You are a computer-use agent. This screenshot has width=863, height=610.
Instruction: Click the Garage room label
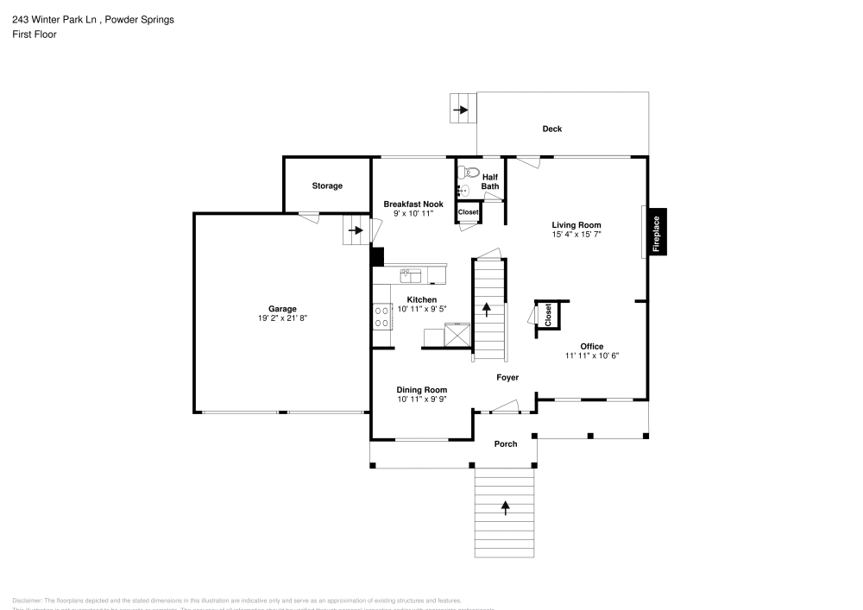282,309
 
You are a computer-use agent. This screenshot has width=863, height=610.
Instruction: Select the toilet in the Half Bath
463,172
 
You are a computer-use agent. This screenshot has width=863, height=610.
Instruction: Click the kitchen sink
411,275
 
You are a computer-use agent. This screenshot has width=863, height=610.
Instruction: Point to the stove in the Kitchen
381,316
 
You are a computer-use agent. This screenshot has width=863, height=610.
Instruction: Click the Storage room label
327,186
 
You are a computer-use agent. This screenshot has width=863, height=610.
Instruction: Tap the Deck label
551,129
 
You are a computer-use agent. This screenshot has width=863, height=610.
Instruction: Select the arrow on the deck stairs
462,110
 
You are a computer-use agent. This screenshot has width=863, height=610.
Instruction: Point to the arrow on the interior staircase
488,310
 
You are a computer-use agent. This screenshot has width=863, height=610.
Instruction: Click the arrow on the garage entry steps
355,230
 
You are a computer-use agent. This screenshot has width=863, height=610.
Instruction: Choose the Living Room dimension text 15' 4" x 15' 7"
576,234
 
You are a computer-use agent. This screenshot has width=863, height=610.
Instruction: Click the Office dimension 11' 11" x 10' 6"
592,355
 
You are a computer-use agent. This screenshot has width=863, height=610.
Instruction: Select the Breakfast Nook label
413,204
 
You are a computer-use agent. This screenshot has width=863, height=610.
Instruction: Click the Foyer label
507,378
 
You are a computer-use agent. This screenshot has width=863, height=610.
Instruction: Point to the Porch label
505,444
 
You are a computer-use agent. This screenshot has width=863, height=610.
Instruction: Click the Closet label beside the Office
548,315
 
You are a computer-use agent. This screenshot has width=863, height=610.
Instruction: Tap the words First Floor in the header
35,35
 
